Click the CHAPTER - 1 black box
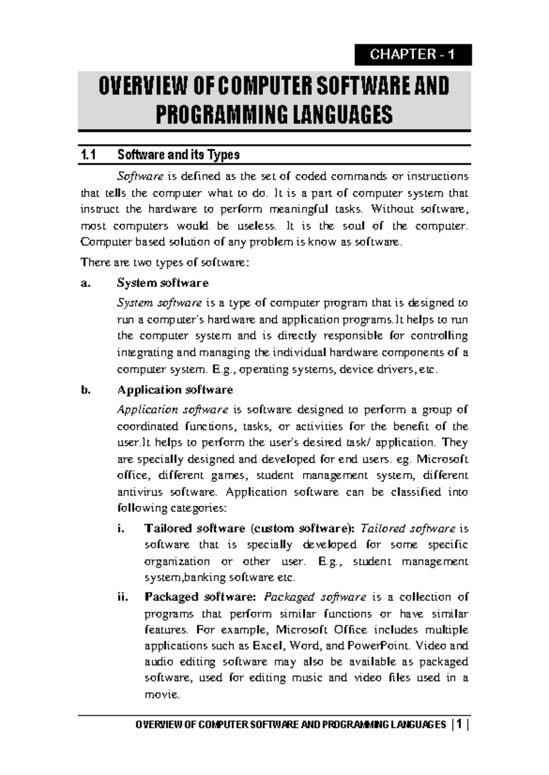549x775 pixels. [413, 55]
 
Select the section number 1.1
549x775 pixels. [88, 155]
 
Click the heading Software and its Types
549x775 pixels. [178, 155]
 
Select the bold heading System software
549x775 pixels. [163, 283]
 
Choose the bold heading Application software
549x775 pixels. [175, 390]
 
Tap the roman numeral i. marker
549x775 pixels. [121, 529]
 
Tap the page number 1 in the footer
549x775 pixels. [458, 725]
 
